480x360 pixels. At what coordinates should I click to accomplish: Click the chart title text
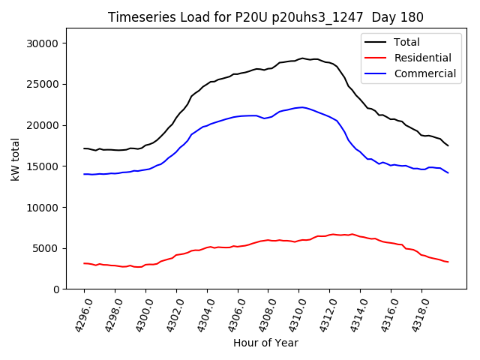click(x=265, y=17)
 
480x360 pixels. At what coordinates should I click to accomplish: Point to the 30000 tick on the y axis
click(x=43, y=43)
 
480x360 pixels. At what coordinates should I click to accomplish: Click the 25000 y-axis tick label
click(x=43, y=84)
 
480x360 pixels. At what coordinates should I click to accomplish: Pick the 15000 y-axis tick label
click(x=43, y=166)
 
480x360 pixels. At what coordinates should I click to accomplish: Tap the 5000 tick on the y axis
click(x=46, y=248)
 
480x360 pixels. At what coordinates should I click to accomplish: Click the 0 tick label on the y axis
click(x=55, y=289)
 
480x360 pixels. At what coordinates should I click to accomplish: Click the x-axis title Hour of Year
click(x=265, y=343)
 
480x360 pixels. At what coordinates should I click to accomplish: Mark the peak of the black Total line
click(x=303, y=58)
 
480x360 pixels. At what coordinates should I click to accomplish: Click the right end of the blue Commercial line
click(x=448, y=173)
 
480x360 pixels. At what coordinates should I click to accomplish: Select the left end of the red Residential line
click(x=85, y=263)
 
